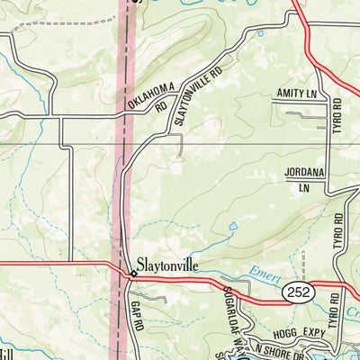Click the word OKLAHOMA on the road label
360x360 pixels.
point(148,92)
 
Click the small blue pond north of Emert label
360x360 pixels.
point(231,226)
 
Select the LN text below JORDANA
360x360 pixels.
point(303,188)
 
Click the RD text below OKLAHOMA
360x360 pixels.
point(160,106)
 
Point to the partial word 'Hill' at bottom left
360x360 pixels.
point(7,353)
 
